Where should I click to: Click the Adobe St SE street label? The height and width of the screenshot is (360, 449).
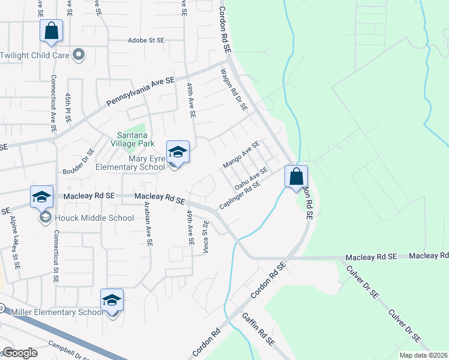[x=146, y=40]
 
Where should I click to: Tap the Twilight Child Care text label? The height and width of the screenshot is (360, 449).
[x=34, y=55]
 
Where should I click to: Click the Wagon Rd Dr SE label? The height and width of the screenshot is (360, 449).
[x=234, y=89]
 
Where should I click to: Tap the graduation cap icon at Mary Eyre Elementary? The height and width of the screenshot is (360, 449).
[x=178, y=151]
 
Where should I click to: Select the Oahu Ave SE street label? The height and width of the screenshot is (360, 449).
[x=251, y=179]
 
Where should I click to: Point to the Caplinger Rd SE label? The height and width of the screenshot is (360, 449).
[x=240, y=195]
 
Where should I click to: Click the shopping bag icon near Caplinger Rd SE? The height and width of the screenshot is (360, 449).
[x=296, y=176]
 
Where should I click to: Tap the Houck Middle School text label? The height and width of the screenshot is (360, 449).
[x=94, y=217]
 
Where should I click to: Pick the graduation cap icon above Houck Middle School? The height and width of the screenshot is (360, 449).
[x=42, y=197]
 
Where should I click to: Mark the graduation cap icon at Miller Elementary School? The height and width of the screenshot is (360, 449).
[x=112, y=299]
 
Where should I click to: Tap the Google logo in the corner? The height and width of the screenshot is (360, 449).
[x=20, y=353]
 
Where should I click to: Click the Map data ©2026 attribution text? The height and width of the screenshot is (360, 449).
[x=423, y=355]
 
